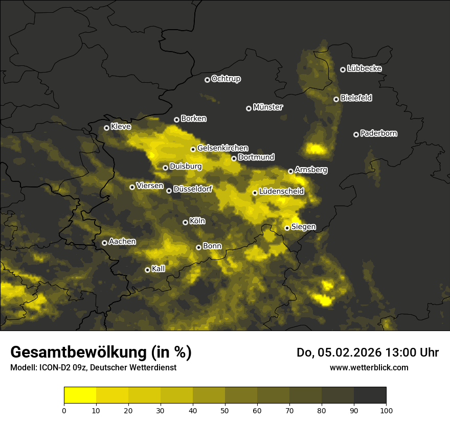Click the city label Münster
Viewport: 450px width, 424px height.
[268, 107]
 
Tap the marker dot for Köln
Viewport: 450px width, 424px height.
[185, 222]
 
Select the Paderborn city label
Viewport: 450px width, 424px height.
[379, 133]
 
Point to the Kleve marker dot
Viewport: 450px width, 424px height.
[106, 128]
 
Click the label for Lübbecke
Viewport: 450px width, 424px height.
[364, 68]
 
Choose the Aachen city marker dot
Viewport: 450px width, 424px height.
[104, 243]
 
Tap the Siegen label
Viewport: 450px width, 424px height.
[303, 227]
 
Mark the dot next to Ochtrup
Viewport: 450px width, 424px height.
[207, 80]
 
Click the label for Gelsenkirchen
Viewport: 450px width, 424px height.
[222, 148]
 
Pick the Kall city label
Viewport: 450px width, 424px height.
[159, 269]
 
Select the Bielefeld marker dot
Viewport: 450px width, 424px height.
[336, 99]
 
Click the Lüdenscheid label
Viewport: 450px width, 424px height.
[281, 192]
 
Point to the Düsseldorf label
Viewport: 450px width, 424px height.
[193, 189]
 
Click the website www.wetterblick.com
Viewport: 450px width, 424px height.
[369, 367]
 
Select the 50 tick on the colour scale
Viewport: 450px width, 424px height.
[225, 410]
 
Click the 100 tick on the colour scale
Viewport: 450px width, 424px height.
[386, 410]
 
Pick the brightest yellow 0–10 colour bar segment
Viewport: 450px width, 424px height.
[80, 395]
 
